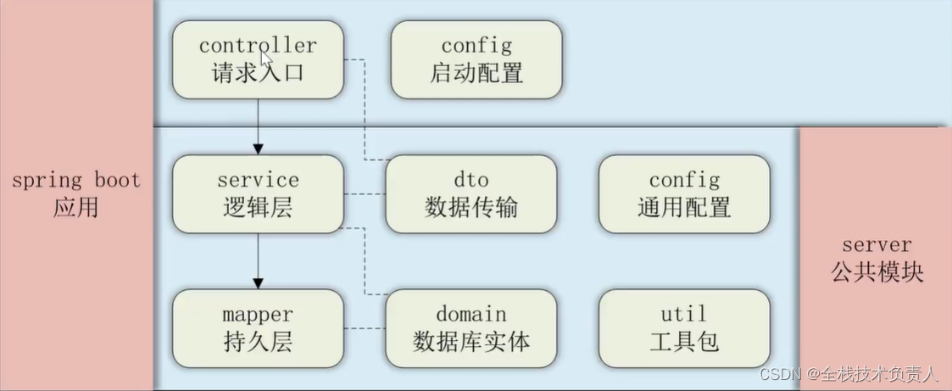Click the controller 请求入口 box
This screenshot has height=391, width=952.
tap(258, 59)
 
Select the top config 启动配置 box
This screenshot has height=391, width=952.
tap(476, 59)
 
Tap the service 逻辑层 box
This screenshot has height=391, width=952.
tap(258, 193)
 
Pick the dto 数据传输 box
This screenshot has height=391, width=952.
tap(470, 193)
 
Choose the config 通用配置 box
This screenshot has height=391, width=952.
tap(684, 193)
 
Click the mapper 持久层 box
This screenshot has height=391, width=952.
tap(258, 328)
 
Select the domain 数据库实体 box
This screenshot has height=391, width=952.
tap(470, 328)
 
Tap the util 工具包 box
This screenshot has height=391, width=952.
tap(684, 328)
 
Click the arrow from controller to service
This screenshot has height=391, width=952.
tap(258, 127)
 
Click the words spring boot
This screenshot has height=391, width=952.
tap(76, 181)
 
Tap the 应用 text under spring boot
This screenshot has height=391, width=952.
tap(75, 207)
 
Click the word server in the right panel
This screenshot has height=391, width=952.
tap(877, 245)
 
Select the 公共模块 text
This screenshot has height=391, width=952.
tap(877, 272)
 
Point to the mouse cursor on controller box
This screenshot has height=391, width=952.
tap(265, 57)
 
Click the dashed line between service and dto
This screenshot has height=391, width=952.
tap(365, 194)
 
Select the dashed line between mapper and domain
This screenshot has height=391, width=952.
tap(365, 328)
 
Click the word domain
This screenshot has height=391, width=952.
tap(470, 315)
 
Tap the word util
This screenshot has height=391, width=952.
tap(684, 315)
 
